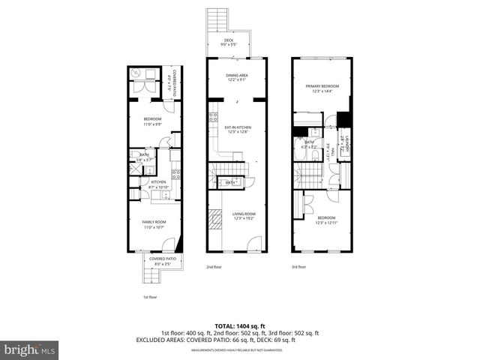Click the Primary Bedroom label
322,88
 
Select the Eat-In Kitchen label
238,130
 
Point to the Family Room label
154,224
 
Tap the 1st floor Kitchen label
158,184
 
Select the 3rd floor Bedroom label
326,220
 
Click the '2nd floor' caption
214,267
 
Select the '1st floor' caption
150,297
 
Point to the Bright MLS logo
30,349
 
